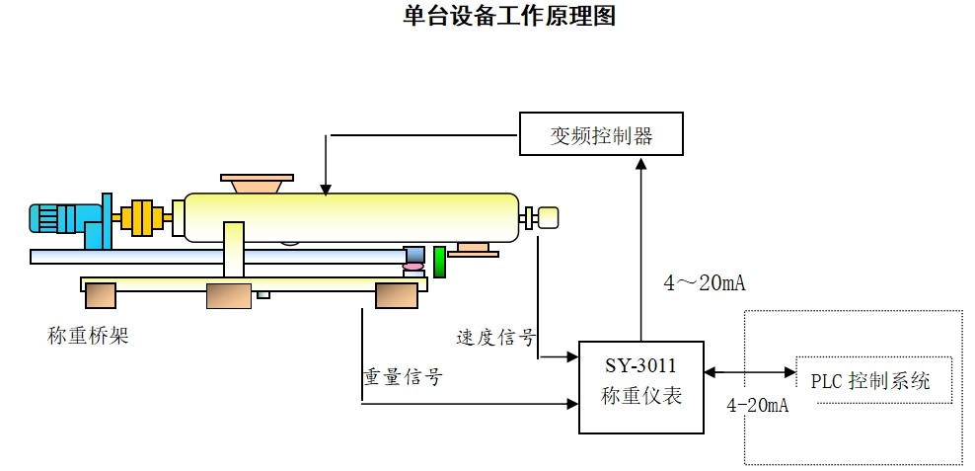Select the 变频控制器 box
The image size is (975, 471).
[601, 134]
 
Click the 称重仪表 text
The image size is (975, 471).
[640, 397]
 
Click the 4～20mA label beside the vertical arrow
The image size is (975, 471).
[705, 284]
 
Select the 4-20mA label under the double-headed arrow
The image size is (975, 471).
[757, 406]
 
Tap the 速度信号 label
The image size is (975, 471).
[495, 338]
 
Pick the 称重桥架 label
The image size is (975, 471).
[88, 336]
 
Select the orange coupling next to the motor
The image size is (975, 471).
[142, 217]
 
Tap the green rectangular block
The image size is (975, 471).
[440, 262]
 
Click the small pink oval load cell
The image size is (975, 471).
[412, 267]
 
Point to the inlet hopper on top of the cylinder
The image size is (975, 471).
[257, 183]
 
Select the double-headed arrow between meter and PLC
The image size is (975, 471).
[750, 372]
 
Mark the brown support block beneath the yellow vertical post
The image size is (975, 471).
[228, 295]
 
